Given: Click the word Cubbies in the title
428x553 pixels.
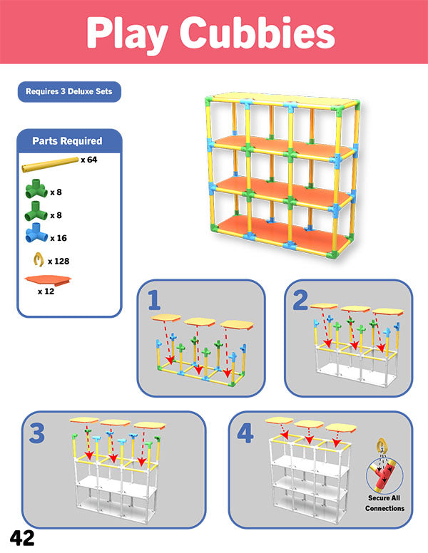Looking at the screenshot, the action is [x=258, y=33].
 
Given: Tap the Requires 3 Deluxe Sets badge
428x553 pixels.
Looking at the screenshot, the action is [x=69, y=92].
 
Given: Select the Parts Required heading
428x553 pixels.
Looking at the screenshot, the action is [x=67, y=140].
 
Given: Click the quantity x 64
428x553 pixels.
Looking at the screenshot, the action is [x=88, y=160].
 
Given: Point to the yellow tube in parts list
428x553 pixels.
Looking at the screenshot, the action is [x=50, y=165].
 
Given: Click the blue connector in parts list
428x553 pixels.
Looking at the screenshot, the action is [x=36, y=233].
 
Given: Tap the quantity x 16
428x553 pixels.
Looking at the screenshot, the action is [x=58, y=238].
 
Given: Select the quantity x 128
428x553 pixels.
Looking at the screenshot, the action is [x=58, y=262].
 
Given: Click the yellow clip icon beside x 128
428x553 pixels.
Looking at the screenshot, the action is [x=39, y=259].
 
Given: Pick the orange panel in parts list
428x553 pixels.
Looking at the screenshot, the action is [x=48, y=280].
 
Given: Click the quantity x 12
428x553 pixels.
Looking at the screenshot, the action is [x=46, y=291].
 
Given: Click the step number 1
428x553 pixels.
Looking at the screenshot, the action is [x=153, y=300].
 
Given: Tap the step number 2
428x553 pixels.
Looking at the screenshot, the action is [x=300, y=300].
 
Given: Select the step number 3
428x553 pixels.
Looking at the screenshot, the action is [x=37, y=433].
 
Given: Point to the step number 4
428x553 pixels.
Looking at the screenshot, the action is [x=245, y=433].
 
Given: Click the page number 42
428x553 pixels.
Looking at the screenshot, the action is [x=22, y=538].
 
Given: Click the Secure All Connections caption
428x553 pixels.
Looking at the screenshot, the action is [x=384, y=503].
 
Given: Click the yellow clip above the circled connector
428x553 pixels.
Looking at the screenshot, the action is [x=382, y=445].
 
